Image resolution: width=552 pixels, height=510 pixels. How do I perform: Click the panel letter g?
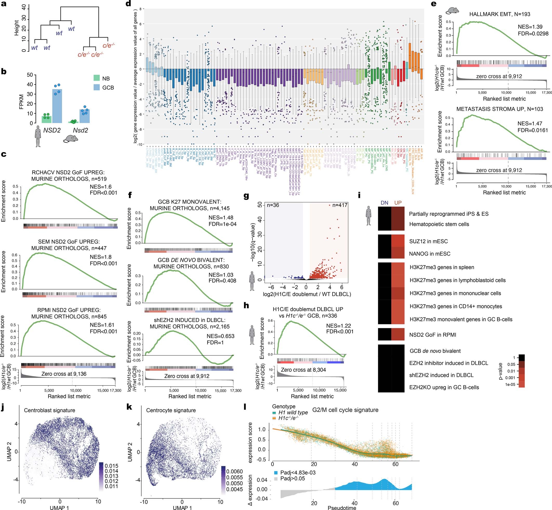[x=246, y=196]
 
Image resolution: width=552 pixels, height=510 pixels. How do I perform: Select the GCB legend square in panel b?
[x=97, y=87]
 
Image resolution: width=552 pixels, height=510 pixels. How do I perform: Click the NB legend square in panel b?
[x=97, y=78]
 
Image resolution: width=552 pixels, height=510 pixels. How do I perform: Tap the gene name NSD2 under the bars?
[x=52, y=130]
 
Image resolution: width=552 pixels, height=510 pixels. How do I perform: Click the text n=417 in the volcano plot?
[x=340, y=205]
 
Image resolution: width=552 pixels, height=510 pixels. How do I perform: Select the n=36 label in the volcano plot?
[x=273, y=205]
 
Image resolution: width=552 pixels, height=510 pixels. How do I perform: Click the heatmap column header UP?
[x=398, y=203]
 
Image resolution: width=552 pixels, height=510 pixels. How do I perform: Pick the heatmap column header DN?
[x=384, y=203]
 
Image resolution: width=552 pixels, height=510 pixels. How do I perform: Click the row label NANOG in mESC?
[x=429, y=254]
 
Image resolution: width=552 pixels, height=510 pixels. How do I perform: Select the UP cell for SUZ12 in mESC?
[x=398, y=241]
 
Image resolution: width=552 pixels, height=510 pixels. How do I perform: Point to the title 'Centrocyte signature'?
[x=171, y=410]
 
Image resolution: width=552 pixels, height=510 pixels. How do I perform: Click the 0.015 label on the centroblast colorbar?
[x=112, y=465]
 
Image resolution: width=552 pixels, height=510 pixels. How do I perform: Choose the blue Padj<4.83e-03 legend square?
[x=276, y=472]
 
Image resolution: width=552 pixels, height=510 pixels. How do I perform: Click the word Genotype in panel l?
[x=283, y=406]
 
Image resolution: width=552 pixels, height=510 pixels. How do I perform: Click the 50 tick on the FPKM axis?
[x=30, y=75]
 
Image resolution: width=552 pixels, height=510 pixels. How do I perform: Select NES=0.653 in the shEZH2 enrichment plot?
[x=221, y=336]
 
